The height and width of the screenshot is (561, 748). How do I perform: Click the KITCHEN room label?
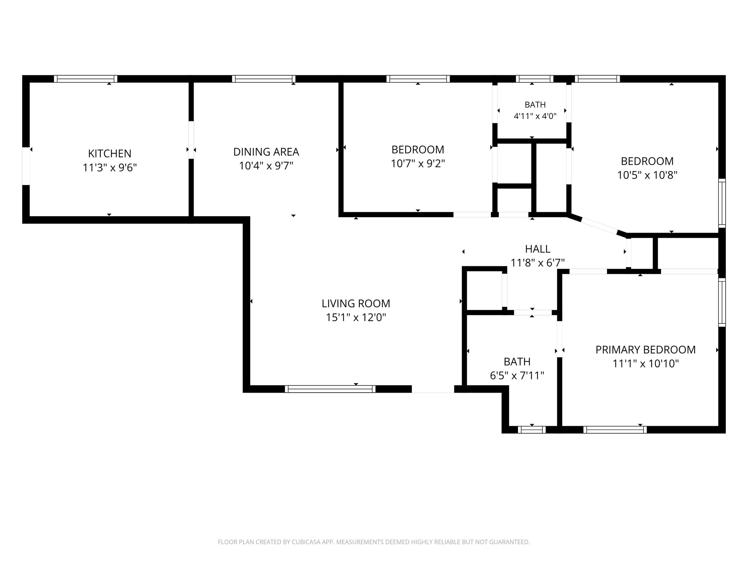tap(110, 153)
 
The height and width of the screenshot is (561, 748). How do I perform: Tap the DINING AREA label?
tap(266, 152)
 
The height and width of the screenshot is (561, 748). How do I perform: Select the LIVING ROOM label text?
tap(356, 304)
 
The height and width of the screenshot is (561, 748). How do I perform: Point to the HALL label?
tap(538, 249)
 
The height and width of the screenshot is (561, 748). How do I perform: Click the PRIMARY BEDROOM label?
tap(645, 350)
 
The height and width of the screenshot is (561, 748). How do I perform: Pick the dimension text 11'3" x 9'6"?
tap(110, 168)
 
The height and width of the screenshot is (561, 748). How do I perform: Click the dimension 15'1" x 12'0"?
tap(356, 317)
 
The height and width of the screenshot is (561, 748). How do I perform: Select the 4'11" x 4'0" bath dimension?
tap(535, 117)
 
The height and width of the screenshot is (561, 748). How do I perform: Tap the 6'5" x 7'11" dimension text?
tap(517, 375)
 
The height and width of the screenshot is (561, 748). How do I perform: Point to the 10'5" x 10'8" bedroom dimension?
tap(647, 175)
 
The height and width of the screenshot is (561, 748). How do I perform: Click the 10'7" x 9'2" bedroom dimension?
tap(418, 164)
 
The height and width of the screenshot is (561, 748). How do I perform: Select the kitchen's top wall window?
tap(85, 79)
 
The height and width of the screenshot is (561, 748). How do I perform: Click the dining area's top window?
tap(264, 79)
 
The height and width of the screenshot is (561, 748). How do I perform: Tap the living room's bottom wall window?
tap(330, 389)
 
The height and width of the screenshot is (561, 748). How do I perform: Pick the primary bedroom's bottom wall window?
tap(615, 430)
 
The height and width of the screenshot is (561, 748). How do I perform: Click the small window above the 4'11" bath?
tap(535, 79)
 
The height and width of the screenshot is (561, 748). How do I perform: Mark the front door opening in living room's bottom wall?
tap(433, 389)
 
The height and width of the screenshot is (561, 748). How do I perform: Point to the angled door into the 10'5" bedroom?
tap(599, 226)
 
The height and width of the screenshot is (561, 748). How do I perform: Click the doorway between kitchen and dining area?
tap(191, 140)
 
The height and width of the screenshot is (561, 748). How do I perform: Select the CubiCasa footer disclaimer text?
tap(374, 542)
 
